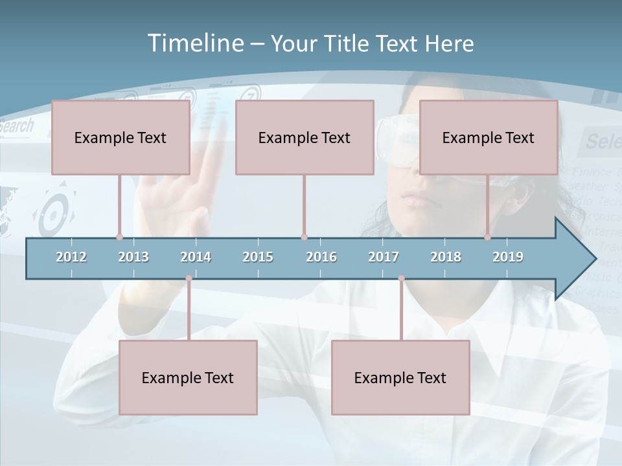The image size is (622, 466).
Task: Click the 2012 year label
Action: (71, 257)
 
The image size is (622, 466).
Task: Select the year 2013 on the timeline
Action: (133, 257)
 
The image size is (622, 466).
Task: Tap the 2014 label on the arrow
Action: (196, 257)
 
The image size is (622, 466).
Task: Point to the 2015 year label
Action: (258, 257)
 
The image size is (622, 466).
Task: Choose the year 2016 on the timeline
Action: (321, 257)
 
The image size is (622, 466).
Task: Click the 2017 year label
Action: (384, 257)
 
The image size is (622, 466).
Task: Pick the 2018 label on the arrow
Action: (446, 257)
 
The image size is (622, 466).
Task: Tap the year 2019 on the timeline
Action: (508, 257)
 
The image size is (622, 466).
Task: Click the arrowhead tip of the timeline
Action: (594, 259)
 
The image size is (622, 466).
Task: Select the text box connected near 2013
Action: (121, 137)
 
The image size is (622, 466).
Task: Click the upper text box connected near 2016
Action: (305, 137)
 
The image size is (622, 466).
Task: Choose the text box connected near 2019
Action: (489, 137)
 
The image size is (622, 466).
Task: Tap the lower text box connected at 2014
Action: (188, 377)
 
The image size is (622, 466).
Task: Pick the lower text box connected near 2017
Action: (400, 377)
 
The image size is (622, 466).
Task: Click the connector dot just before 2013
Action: (119, 238)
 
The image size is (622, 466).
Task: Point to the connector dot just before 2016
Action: (304, 238)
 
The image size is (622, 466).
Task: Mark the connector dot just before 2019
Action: (488, 238)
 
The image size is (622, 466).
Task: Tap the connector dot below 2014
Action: (189, 278)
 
